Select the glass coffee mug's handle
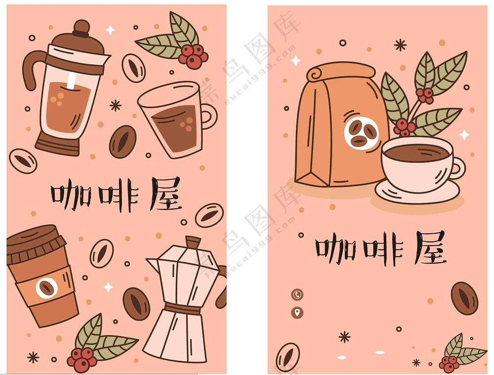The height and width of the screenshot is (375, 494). (x=207, y=117)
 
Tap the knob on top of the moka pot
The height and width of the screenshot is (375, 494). (x=193, y=242)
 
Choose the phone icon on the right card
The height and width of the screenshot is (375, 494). (x=297, y=295)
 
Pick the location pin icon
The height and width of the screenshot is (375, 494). (x=297, y=312)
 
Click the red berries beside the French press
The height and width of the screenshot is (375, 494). (x=192, y=55)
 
